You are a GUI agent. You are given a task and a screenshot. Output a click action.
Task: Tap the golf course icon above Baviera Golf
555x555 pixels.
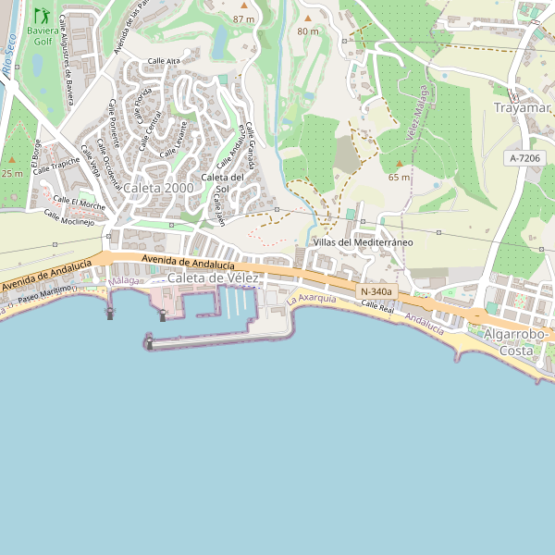42,16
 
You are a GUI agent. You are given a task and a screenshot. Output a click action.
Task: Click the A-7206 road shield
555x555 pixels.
524,159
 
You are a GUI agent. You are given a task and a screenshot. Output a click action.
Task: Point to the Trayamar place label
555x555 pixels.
522,108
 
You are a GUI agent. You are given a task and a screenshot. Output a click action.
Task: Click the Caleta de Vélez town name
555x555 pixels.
214,278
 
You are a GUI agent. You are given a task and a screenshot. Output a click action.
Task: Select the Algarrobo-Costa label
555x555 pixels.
517,342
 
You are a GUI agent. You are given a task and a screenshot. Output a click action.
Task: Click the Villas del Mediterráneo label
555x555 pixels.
363,242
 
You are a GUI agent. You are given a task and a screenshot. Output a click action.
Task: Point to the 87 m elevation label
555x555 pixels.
243,18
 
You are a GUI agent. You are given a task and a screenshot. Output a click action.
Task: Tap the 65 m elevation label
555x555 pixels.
400,177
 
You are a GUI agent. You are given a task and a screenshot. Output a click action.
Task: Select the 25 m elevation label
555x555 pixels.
12,173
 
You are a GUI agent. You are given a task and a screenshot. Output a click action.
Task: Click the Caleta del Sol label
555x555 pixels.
222,183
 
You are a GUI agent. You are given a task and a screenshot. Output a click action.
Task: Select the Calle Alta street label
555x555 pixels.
164,62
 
